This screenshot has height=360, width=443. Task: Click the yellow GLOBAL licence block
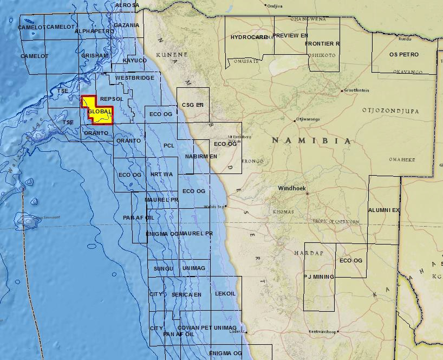[x=97, y=112]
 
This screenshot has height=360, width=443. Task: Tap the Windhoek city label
[x=292, y=189]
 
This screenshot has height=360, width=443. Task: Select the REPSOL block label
[x=112, y=99]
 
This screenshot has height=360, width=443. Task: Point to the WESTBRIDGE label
[x=134, y=78]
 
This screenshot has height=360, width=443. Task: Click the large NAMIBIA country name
[x=311, y=140]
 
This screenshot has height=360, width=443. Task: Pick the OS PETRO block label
[x=404, y=55]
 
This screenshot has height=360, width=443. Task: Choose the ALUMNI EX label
[x=384, y=210]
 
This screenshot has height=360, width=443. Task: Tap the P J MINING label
[x=318, y=277]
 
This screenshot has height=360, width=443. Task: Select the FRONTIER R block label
[x=322, y=43]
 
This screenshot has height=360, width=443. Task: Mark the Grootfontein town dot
[x=342, y=91]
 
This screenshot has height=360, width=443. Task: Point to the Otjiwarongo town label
[x=308, y=120]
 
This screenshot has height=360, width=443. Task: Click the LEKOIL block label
[x=225, y=294]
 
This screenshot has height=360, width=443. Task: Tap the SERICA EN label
[x=186, y=295]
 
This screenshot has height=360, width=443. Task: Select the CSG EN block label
[x=192, y=105]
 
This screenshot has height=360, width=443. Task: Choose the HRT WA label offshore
[x=161, y=175]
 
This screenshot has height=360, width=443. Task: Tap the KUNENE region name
[x=172, y=55]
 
